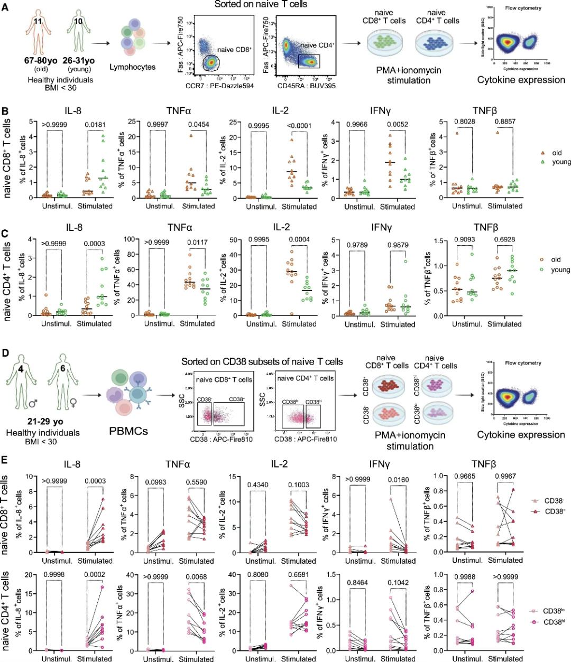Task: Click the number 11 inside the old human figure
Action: [x=38, y=21]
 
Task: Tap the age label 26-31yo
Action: [x=79, y=61]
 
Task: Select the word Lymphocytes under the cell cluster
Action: [x=132, y=67]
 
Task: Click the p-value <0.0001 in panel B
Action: [x=299, y=125]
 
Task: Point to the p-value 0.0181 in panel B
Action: [x=95, y=125]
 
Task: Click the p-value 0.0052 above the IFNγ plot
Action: [x=398, y=125]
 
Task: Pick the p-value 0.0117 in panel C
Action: [x=198, y=243]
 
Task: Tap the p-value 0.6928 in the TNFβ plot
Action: [x=505, y=239]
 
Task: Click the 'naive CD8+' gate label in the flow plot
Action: [x=234, y=50]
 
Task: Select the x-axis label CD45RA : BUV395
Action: [x=307, y=86]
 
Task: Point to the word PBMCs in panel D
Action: [x=128, y=431]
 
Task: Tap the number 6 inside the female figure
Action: [x=62, y=368]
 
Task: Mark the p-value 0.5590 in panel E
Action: [x=196, y=482]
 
